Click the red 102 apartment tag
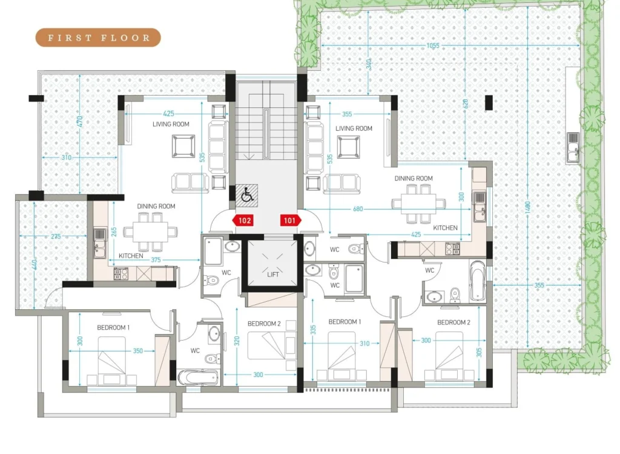243,221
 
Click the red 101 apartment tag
291,221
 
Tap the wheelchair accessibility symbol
247,195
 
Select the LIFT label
273,275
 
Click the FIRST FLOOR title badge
99,38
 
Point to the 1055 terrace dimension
433,45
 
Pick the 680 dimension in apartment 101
358,209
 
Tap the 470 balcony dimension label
79,121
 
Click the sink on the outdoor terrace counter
573,148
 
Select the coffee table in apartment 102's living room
183,146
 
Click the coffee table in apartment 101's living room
348,147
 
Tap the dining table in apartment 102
150,232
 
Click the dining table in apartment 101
419,204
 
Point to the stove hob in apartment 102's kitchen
120,274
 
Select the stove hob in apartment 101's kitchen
453,249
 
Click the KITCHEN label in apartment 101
445,227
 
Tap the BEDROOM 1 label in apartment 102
113,327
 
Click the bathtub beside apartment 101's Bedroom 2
478,280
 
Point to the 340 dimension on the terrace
369,64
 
